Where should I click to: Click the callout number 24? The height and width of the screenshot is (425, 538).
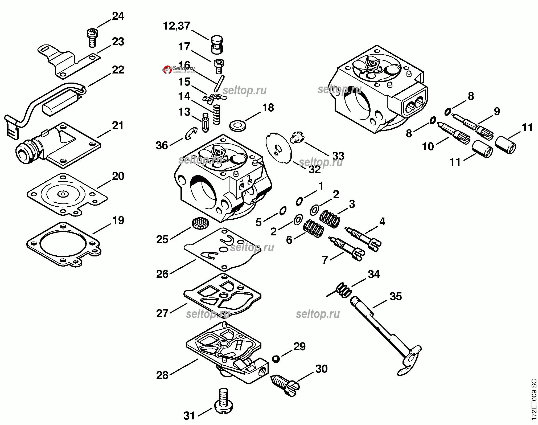(118, 17)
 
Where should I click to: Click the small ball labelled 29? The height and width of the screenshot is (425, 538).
(276, 359)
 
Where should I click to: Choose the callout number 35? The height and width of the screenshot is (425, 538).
(396, 296)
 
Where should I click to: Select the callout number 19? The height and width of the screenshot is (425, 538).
(118, 220)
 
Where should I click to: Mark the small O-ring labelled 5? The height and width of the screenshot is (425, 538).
(282, 211)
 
